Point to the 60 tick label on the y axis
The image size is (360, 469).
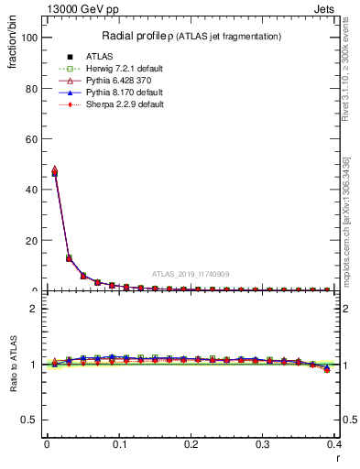coord(29,139)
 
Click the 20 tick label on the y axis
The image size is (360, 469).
coord(29,240)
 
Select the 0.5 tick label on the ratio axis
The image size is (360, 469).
coord(28,420)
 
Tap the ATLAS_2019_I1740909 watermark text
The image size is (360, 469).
coord(191,273)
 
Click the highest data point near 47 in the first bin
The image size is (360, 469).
coord(54,169)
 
